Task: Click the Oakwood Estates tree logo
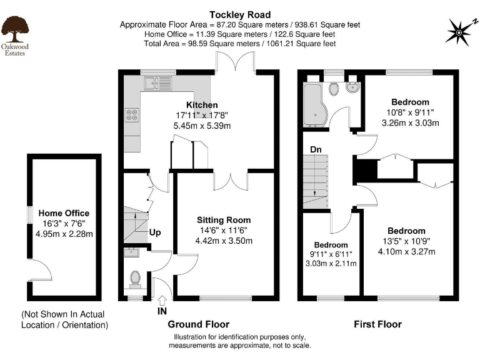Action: coord(15,29)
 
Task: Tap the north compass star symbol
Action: coord(460,32)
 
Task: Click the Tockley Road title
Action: coord(240,15)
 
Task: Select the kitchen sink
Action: coord(158,83)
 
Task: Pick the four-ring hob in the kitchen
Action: coord(132,115)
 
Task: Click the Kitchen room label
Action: coord(202,105)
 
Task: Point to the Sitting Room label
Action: coord(224,220)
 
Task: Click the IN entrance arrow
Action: coord(162,300)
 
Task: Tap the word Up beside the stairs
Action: coord(155,232)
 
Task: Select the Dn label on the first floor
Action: coord(316,149)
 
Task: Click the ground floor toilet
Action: coord(135,280)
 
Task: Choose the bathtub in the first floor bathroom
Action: coord(315,106)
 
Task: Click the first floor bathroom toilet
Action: coord(334,89)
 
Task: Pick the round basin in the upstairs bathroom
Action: coord(353,87)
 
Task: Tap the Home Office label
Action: coord(64,213)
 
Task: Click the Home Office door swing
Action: coord(41,270)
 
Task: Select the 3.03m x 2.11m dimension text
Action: coord(331,263)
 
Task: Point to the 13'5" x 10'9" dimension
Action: coord(406,241)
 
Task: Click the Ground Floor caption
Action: coord(199,324)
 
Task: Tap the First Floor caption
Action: coord(377,324)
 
